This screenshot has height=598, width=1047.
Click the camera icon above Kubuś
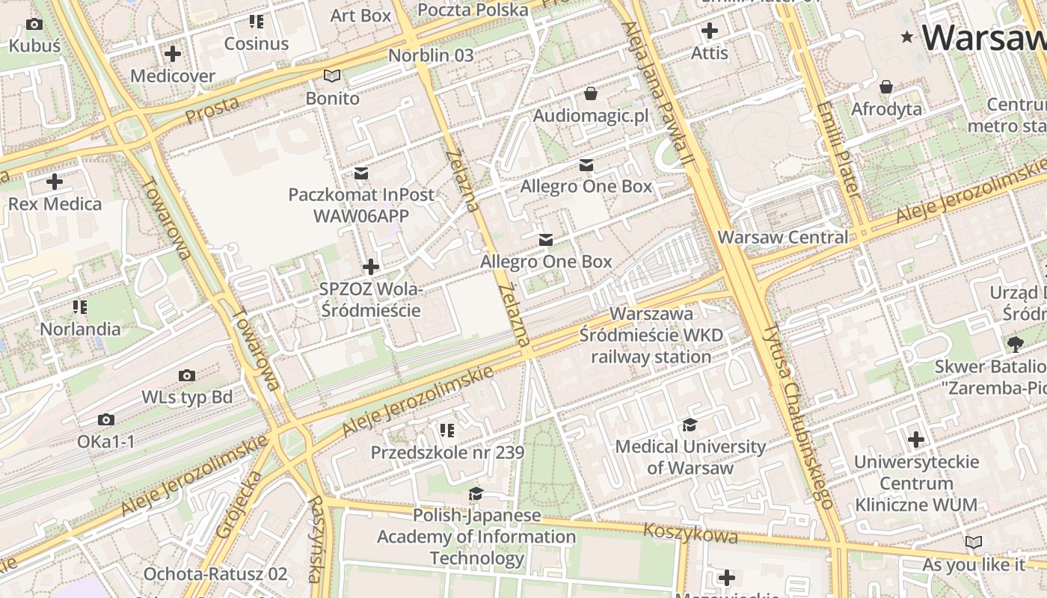tap(34, 25)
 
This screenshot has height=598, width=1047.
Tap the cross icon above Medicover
tap(173, 54)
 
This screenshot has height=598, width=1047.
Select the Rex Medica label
tap(55, 204)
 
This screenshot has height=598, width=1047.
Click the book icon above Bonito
tap(332, 75)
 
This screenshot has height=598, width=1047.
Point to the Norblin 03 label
tap(431, 55)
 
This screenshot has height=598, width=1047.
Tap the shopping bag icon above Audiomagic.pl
tap(591, 93)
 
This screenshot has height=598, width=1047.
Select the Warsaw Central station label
tap(783, 238)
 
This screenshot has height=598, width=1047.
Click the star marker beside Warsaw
tap(908, 37)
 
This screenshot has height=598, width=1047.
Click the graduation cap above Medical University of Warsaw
tap(690, 425)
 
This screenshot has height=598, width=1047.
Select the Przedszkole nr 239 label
tap(447, 453)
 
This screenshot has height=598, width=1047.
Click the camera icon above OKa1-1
tap(106, 419)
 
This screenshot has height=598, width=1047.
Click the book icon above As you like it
tap(974, 542)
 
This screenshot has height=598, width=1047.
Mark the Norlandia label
tap(80, 329)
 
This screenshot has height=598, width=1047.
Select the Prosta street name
tap(212, 111)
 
